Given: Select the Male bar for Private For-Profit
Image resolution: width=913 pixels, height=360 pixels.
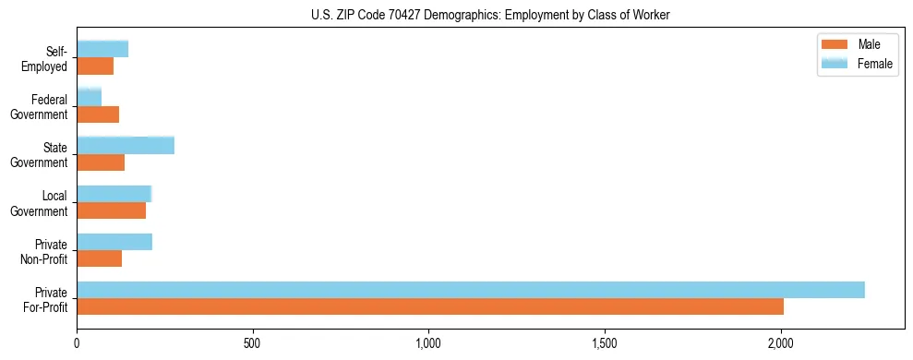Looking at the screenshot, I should [x=430, y=306].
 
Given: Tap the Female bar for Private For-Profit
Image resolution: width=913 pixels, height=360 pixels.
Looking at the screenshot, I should [x=471, y=290].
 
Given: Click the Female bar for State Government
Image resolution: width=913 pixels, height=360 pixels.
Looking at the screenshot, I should [x=126, y=145].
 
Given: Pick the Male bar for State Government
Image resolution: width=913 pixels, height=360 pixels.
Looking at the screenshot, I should [x=101, y=162].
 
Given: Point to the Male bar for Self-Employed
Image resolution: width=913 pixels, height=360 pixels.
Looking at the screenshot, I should [x=95, y=66].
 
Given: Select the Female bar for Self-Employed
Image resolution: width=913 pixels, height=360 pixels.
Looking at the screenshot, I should [x=102, y=49].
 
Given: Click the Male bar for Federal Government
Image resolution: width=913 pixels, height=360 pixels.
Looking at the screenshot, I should [x=98, y=114].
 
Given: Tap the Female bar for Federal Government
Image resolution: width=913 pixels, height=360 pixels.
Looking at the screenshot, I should [x=90, y=97].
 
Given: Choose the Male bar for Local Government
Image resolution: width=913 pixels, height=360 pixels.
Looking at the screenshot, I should [x=112, y=210].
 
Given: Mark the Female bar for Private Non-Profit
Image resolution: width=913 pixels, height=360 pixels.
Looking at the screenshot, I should [x=114, y=242].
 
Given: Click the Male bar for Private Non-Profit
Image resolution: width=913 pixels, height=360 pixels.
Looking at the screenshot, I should [x=100, y=258].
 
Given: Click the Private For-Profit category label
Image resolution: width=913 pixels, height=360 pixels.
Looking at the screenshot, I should [x=46, y=299].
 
